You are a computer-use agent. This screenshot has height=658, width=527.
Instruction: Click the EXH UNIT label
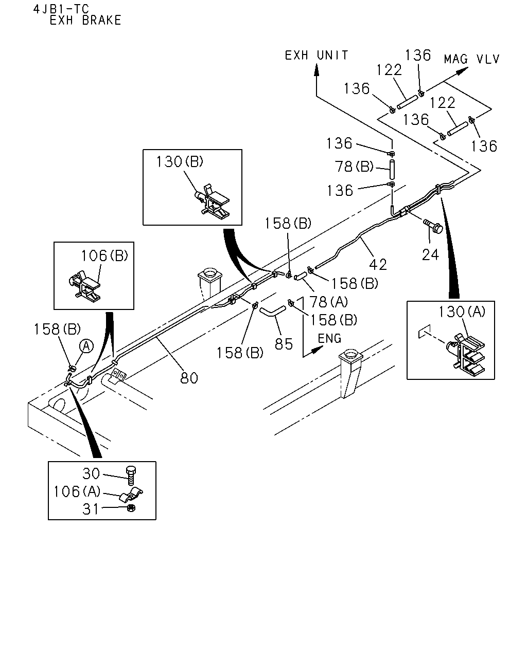(x=317, y=56)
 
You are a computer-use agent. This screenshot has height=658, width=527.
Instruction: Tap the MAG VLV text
(x=471, y=59)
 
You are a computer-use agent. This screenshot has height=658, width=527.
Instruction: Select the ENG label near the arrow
(x=329, y=338)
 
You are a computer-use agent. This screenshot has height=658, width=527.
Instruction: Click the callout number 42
(x=378, y=264)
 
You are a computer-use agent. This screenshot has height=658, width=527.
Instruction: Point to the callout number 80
(x=189, y=378)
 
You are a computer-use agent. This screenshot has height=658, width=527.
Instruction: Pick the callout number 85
(x=284, y=344)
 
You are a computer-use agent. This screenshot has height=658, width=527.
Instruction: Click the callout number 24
(x=430, y=254)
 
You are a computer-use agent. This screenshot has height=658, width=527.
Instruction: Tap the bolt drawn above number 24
(x=433, y=226)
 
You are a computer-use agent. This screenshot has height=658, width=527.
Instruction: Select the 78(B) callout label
(x=354, y=167)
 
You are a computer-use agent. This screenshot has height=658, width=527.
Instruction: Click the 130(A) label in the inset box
(x=462, y=312)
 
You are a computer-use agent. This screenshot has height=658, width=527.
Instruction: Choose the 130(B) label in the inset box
(x=180, y=162)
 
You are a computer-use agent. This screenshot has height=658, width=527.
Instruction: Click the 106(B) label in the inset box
(x=104, y=255)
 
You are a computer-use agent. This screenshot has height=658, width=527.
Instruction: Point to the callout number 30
(x=91, y=473)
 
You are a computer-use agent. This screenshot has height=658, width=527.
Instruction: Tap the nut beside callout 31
(x=131, y=508)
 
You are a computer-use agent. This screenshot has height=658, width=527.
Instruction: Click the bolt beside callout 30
(x=131, y=476)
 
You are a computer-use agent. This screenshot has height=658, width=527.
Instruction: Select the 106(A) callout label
(x=77, y=491)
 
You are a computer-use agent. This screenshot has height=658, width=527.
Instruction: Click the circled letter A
(x=86, y=346)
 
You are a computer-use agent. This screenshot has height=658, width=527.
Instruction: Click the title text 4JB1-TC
(x=61, y=9)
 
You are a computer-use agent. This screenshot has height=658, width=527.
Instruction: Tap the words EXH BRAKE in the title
(x=85, y=20)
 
